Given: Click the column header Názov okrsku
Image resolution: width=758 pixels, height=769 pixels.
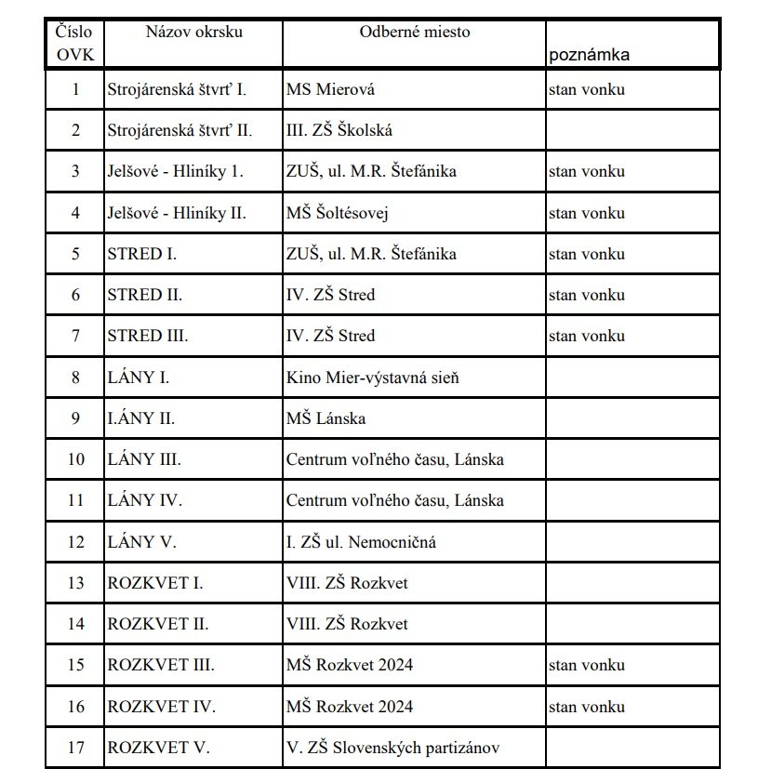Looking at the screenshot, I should tap(193, 32).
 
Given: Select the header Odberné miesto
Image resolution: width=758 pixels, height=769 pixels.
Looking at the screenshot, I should tap(415, 32).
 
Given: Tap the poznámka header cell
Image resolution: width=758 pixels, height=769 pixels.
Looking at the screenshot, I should tap(589, 54).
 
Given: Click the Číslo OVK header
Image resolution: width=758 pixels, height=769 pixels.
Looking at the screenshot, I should tap(75, 43).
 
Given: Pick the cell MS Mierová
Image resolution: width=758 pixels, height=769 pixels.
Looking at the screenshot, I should tap(330, 89).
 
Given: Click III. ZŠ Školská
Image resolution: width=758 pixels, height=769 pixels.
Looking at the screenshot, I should tap(339, 130).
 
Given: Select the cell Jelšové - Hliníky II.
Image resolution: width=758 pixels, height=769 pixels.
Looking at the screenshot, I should tap(177, 213).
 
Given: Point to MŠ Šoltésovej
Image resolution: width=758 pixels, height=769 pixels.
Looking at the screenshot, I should tap(337, 213).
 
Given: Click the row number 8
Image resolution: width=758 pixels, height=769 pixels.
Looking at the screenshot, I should tap(75, 378).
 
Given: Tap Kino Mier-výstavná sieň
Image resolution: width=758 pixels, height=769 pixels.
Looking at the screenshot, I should tap(373, 378).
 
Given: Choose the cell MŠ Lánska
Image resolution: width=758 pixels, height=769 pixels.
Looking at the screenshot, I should tap(326, 418).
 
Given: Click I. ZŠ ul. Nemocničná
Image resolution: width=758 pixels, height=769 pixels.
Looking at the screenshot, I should tap(361, 541).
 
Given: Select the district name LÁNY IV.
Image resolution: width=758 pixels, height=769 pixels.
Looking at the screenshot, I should tap(145, 500).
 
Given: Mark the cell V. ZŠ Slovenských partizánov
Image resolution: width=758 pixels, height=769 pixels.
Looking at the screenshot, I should tap(399, 747).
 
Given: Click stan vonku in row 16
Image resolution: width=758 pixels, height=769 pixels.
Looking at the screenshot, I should tap(586, 706).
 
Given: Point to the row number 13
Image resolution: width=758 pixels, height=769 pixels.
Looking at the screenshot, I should tap(75, 583).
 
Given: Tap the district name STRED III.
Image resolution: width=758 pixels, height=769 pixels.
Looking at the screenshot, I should tap(148, 336).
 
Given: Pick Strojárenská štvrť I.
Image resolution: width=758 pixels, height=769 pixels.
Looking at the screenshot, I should tap(177, 89).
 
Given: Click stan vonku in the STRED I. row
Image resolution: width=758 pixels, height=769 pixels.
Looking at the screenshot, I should tap(586, 254).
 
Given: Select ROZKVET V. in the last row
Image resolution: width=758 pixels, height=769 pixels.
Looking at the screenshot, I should tap(158, 747).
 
